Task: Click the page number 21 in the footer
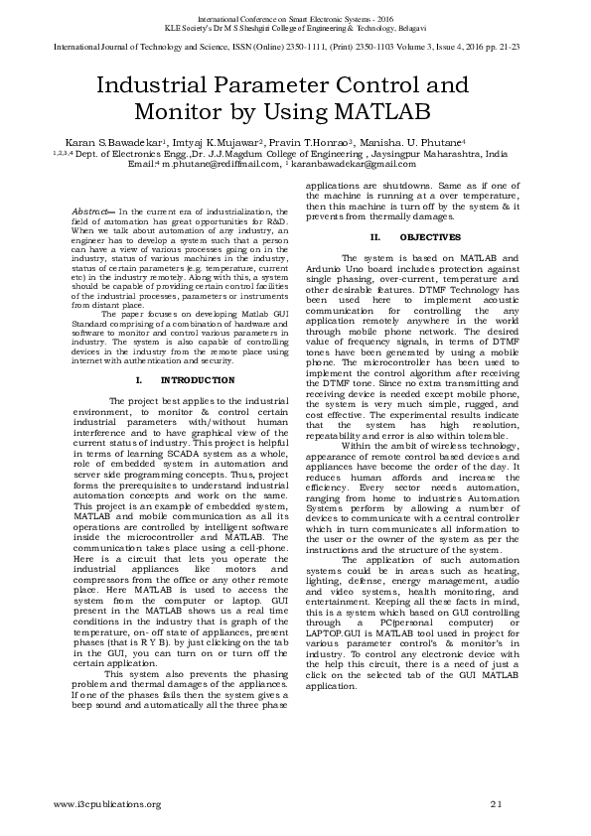tap(497, 802)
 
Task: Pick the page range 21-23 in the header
tap(520, 45)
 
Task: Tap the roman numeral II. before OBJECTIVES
tap(374, 237)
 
